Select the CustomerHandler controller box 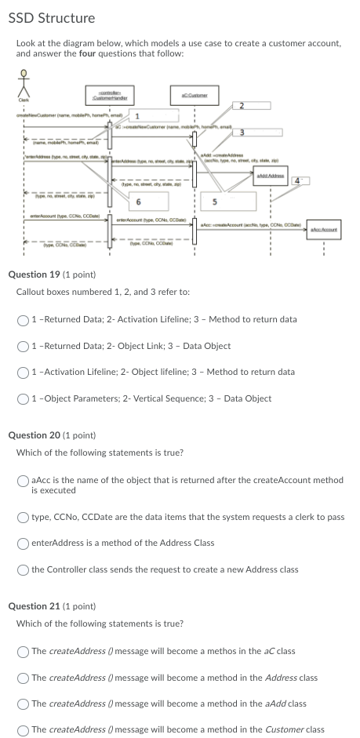110,95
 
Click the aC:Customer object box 193,95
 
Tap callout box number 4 296,180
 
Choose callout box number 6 139,200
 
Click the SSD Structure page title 51,17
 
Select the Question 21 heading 52,606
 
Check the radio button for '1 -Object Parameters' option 24,398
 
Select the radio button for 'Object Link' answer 24,345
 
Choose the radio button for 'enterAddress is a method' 24,543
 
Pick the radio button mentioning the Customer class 24,729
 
